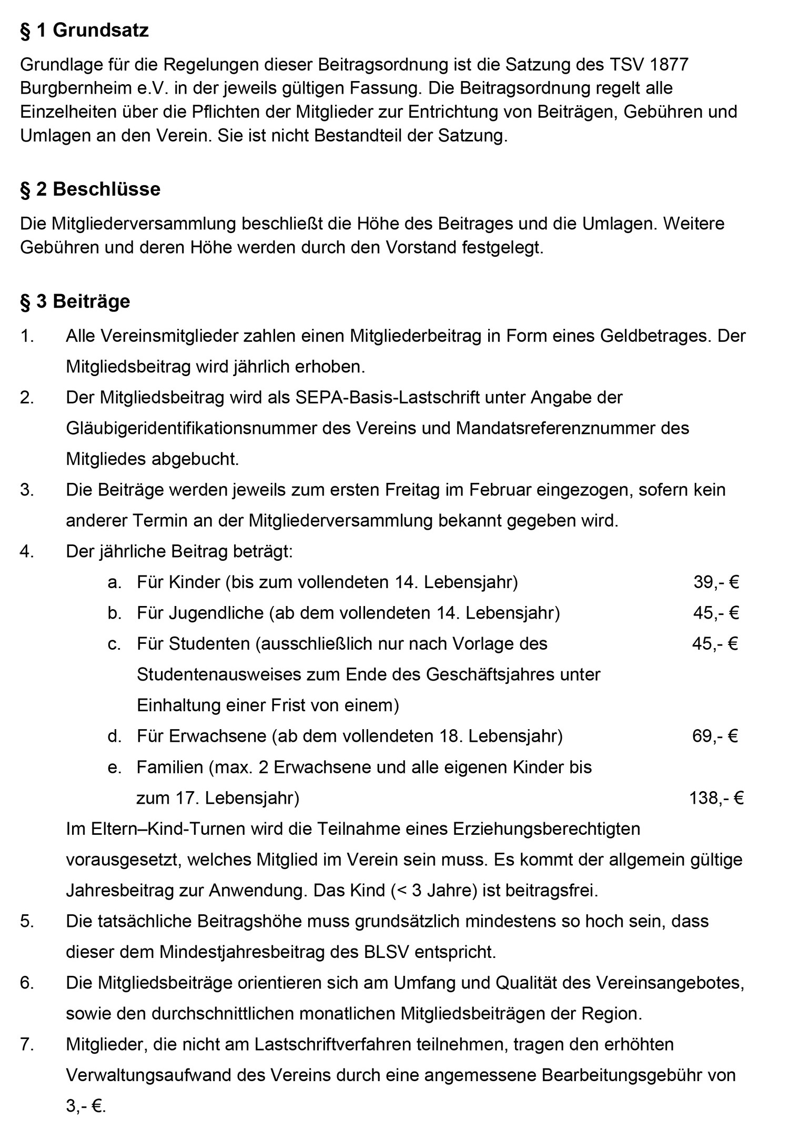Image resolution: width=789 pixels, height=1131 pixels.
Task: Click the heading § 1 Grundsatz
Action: point(84,31)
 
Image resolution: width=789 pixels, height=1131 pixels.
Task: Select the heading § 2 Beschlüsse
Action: point(90,189)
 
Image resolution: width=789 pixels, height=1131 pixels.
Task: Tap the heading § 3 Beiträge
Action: point(75,301)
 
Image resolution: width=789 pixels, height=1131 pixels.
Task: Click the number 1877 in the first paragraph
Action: point(669,65)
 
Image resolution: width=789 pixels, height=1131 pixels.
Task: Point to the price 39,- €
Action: point(716,582)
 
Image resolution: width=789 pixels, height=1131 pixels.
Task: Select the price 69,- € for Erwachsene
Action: point(715,736)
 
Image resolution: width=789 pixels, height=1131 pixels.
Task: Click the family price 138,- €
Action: point(716,798)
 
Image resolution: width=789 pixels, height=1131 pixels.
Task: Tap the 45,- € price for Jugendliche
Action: point(716,613)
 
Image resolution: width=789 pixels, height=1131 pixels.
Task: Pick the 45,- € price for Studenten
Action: point(715,643)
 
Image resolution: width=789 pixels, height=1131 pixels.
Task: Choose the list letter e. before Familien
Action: point(114,768)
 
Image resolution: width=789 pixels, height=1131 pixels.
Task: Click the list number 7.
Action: point(27,1044)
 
